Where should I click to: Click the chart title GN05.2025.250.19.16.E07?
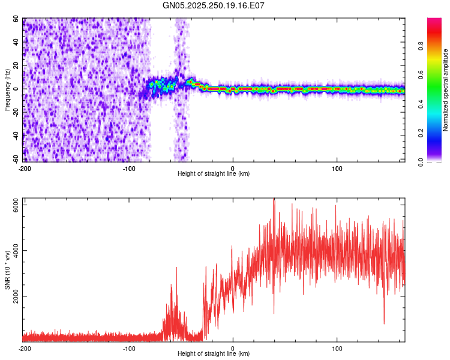click(214, 5)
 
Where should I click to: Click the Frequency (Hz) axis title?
click(7, 90)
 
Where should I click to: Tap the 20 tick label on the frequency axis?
click(17, 65)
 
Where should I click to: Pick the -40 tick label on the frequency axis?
click(16, 136)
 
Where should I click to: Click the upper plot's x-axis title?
click(214, 174)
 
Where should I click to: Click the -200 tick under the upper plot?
click(25, 169)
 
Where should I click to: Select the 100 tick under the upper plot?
click(337, 169)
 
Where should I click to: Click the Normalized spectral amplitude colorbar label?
click(446, 90)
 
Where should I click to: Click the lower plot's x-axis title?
click(214, 354)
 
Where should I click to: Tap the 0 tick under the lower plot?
click(233, 349)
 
